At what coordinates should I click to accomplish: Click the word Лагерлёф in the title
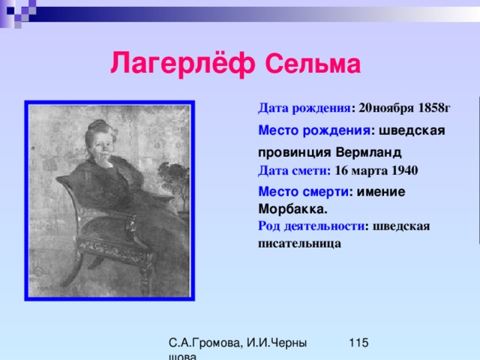click(x=183, y=63)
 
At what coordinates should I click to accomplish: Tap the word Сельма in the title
click(x=313, y=64)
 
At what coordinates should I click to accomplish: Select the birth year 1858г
click(x=434, y=108)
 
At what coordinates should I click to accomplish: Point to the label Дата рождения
click(x=304, y=108)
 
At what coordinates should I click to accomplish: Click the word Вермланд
click(x=368, y=152)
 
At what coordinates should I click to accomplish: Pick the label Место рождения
click(x=314, y=130)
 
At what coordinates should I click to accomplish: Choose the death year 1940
click(x=405, y=170)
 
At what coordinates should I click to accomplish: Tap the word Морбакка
click(x=293, y=209)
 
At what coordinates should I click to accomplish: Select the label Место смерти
click(x=303, y=192)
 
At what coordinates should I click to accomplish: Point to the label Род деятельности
click(x=311, y=226)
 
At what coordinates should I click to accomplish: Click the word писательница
click(x=299, y=244)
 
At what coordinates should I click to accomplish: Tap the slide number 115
click(x=358, y=343)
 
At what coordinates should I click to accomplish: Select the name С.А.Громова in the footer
click(x=205, y=343)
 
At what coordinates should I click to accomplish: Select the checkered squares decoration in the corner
click(x=18, y=13)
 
